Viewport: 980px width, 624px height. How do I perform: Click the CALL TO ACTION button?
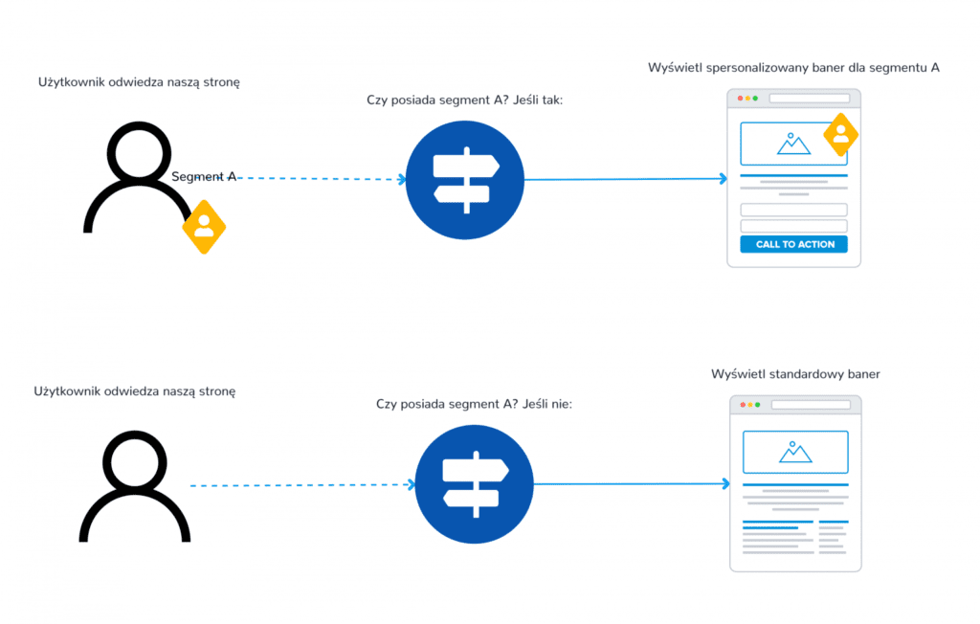click(x=793, y=244)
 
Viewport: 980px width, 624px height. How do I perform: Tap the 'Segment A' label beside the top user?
click(x=204, y=176)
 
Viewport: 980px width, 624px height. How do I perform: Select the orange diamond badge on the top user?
click(x=204, y=227)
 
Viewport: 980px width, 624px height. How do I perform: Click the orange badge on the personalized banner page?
click(x=840, y=135)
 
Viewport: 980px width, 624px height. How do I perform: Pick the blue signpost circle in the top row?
click(x=465, y=179)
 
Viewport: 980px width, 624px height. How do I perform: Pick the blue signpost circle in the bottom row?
click(x=474, y=484)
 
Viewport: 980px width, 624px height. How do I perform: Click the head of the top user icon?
click(x=139, y=154)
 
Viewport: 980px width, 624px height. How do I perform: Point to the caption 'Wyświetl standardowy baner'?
click(x=795, y=374)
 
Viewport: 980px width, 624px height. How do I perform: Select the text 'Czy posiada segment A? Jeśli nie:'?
click(x=475, y=405)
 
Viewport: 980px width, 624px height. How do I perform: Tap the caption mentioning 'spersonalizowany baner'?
click(x=793, y=68)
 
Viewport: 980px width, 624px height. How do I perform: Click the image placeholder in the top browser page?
click(x=793, y=143)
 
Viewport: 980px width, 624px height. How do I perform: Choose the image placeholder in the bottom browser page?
click(x=795, y=452)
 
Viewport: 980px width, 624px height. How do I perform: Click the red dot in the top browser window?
click(x=741, y=99)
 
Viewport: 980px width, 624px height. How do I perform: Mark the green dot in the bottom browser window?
click(x=758, y=405)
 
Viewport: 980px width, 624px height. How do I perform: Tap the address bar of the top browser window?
click(x=809, y=99)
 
